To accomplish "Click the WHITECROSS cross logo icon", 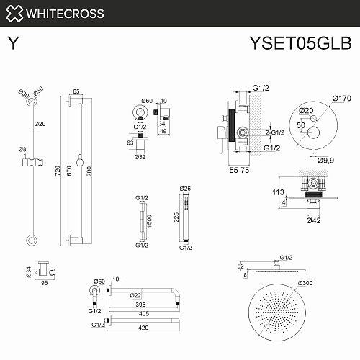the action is (x=14, y=14).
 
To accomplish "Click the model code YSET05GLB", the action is (x=301, y=43).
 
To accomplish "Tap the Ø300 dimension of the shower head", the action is (x=305, y=283).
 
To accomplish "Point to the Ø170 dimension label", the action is (x=342, y=98).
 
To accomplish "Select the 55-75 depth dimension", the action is (x=239, y=170).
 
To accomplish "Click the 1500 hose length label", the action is (x=149, y=221).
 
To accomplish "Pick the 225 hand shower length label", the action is (x=176, y=217).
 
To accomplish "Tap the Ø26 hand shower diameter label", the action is (x=185, y=189).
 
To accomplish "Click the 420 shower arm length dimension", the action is (x=143, y=328).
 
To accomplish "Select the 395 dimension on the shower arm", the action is (x=140, y=305).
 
